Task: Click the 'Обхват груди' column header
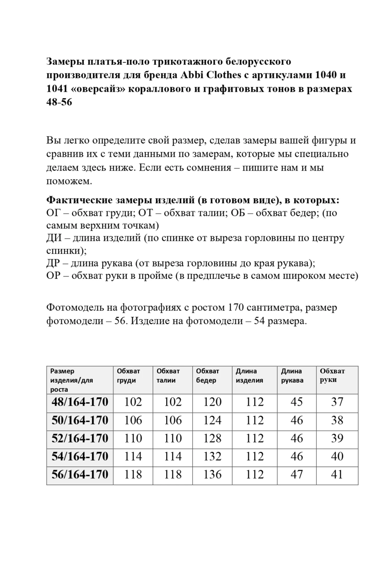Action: pyautogui.click(x=128, y=376)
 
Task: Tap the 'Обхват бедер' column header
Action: pyautogui.click(x=207, y=376)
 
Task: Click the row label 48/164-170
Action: pyautogui.click(x=80, y=402)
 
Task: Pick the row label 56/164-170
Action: pyautogui.click(x=80, y=474)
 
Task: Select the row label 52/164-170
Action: pyautogui.click(x=80, y=438)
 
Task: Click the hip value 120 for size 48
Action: pyautogui.click(x=212, y=402)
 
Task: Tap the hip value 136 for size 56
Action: pyautogui.click(x=212, y=474)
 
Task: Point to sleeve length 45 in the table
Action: pyautogui.click(x=296, y=402)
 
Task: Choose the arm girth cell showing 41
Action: pyautogui.click(x=337, y=474)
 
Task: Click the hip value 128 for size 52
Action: pyautogui.click(x=212, y=438)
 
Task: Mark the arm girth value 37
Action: pyautogui.click(x=337, y=402)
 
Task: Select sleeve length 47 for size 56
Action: pyautogui.click(x=296, y=474)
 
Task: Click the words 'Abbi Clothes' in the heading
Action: pyautogui.click(x=211, y=75)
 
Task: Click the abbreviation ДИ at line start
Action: pyautogui.click(x=53, y=238)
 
